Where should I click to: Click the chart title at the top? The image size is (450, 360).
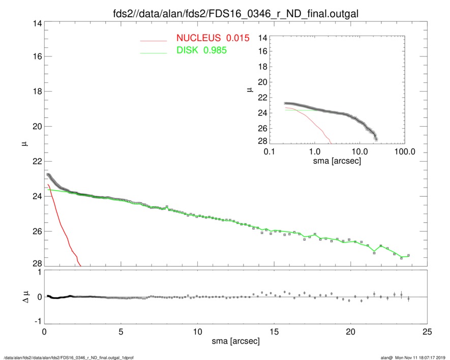click(235, 14)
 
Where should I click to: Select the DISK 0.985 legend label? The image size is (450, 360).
click(201, 50)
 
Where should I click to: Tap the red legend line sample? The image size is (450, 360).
click(153, 40)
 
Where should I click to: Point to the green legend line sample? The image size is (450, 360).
click(153, 52)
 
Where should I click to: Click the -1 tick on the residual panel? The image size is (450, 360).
click(36, 321)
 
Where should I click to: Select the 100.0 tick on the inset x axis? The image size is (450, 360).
click(404, 152)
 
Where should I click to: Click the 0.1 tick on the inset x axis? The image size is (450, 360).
click(269, 152)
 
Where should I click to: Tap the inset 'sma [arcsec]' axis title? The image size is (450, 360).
click(337, 162)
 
